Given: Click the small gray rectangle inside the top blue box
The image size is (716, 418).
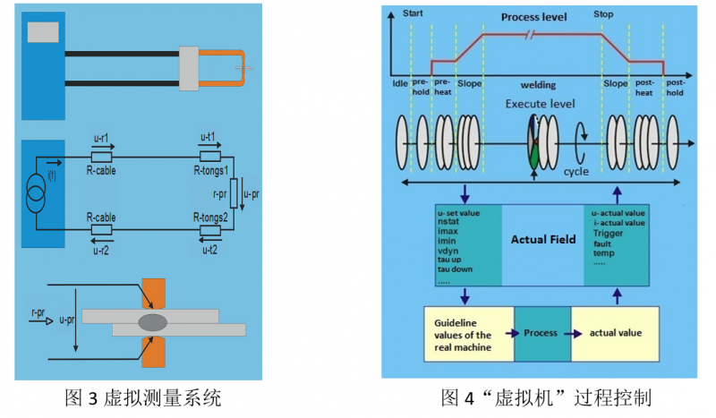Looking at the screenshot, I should point(41,32).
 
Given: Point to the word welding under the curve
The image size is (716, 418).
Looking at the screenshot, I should point(538,86).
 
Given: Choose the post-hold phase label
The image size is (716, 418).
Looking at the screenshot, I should point(675,87).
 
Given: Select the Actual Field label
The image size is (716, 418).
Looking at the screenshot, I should point(542,240).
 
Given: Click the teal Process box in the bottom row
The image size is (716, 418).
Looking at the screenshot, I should point(541,333).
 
